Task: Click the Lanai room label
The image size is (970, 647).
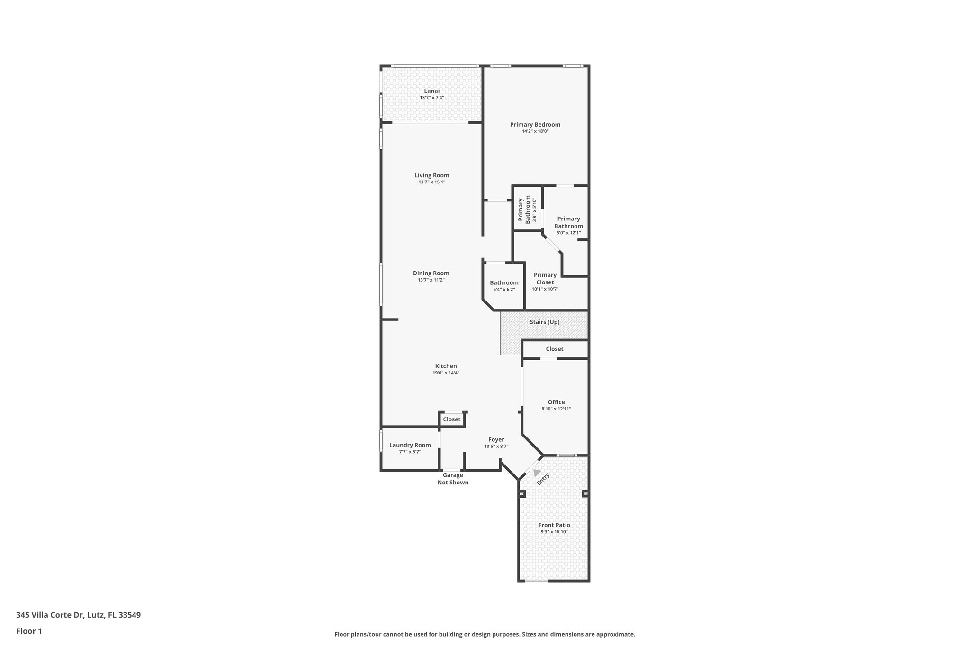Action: pyautogui.click(x=431, y=91)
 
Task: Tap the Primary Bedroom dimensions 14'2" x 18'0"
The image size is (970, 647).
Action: pyautogui.click(x=535, y=131)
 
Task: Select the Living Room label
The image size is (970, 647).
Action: pyautogui.click(x=431, y=175)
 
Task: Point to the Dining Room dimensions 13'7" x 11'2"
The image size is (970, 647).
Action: pyautogui.click(x=431, y=280)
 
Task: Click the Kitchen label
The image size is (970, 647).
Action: pyautogui.click(x=446, y=366)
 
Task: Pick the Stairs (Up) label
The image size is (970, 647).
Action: pyautogui.click(x=545, y=322)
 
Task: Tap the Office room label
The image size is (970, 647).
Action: pyautogui.click(x=556, y=402)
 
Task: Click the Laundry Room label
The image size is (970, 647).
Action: pyautogui.click(x=410, y=445)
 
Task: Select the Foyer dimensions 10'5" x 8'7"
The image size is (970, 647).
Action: pyautogui.click(x=496, y=447)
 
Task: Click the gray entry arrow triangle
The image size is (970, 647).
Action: pyautogui.click(x=536, y=473)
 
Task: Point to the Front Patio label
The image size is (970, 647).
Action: pyautogui.click(x=554, y=525)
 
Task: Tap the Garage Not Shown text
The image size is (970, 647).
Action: pyautogui.click(x=453, y=479)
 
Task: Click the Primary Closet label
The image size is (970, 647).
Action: pyautogui.click(x=545, y=279)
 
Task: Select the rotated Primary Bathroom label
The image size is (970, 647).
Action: pyautogui.click(x=524, y=210)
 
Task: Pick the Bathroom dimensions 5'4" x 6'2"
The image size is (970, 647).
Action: pyautogui.click(x=504, y=290)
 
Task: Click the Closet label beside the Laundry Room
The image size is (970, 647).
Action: pyautogui.click(x=451, y=419)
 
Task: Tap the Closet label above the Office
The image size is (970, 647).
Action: pyautogui.click(x=554, y=349)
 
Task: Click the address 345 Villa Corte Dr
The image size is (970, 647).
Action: pyautogui.click(x=78, y=615)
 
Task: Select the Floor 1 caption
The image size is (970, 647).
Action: pyautogui.click(x=29, y=631)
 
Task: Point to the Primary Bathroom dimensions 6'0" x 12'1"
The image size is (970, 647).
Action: pyautogui.click(x=568, y=233)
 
